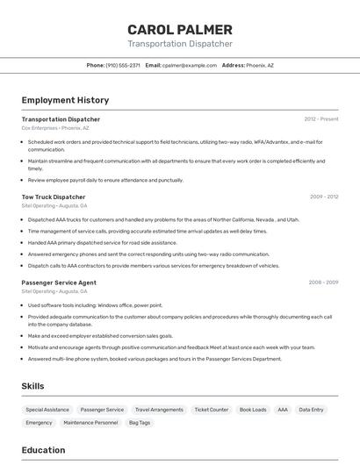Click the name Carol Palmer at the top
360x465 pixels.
pyautogui.click(x=180, y=30)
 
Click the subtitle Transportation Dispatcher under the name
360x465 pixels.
pyautogui.click(x=180, y=44)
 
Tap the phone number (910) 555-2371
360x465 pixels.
pyautogui.click(x=123, y=65)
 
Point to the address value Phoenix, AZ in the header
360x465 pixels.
pyautogui.click(x=260, y=65)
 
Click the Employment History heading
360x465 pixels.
pyautogui.click(x=65, y=101)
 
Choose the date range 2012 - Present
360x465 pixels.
pyautogui.click(x=320, y=119)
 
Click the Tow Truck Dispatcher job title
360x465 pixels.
pyautogui.click(x=54, y=197)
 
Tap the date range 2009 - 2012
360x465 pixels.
pyautogui.click(x=323, y=197)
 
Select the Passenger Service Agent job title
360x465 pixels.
pyautogui.click(x=59, y=283)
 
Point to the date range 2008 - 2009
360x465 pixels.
pyautogui.click(x=323, y=283)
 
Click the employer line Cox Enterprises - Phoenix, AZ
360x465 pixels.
pyautogui.click(x=55, y=127)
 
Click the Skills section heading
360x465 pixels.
pyautogui.click(x=33, y=386)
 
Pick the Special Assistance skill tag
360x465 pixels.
pyautogui.click(x=47, y=410)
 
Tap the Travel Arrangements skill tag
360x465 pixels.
pyautogui.click(x=159, y=410)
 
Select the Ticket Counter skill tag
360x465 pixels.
pyautogui.click(x=211, y=410)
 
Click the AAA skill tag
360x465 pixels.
pyautogui.click(x=282, y=410)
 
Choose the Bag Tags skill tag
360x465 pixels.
pyautogui.click(x=140, y=423)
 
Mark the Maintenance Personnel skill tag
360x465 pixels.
pyautogui.click(x=90, y=423)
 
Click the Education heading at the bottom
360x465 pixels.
pyautogui.click(x=44, y=450)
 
